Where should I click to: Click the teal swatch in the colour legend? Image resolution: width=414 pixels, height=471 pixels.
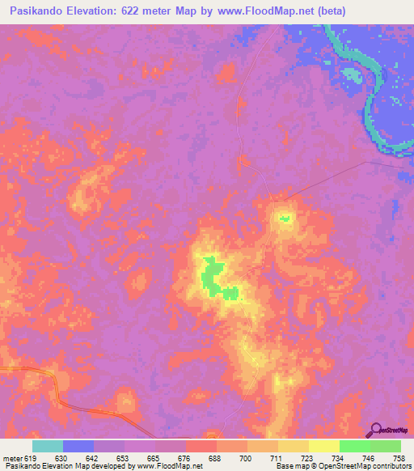coord(48,446)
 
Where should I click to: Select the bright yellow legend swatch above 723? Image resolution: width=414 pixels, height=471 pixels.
coord(323,446)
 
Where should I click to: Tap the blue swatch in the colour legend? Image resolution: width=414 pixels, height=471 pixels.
coord(78,446)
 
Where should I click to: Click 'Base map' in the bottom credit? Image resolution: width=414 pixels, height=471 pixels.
coord(288,466)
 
